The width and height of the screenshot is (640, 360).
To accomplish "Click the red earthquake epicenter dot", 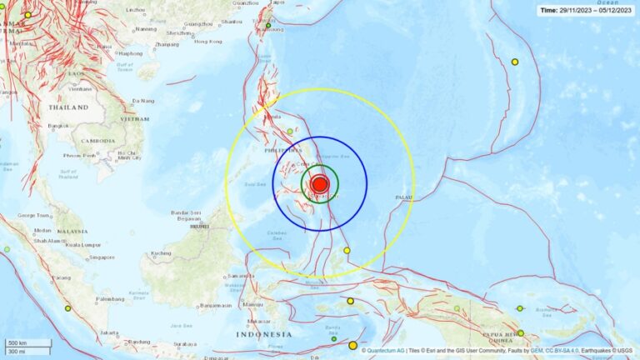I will pos(319,185).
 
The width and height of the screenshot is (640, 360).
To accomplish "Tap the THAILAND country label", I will pos(68,107).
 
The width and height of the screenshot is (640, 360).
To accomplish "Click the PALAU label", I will pos(404,197).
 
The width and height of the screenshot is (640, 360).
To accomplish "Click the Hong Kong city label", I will pos(208,41).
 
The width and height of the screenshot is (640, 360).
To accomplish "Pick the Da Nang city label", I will pos(143,101).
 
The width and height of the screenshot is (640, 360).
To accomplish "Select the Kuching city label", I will pos(160,252).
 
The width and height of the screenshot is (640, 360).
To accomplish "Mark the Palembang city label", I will pos(108,298).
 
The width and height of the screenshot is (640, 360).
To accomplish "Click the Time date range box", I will pos(585,10).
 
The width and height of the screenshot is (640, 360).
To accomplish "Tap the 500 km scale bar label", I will pos(17,342).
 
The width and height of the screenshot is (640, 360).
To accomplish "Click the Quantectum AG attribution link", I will pos(386,351).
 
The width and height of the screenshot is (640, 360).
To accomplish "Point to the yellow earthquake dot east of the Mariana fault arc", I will pos(515,62).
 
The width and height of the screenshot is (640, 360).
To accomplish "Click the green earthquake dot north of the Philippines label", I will pos(290,132).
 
